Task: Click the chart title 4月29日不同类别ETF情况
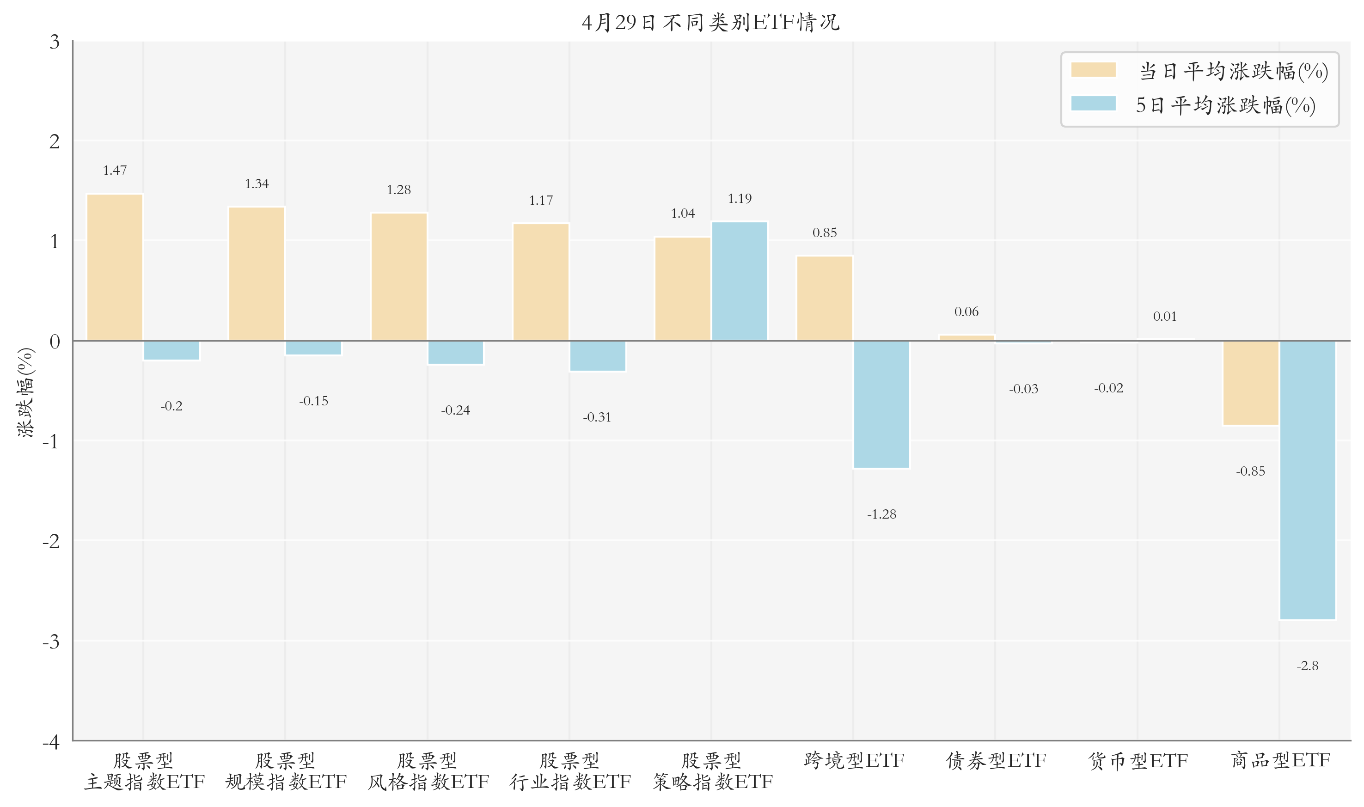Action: [710, 23]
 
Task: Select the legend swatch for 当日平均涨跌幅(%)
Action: [1093, 70]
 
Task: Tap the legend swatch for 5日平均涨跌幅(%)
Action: [1093, 104]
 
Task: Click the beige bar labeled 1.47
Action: [115, 268]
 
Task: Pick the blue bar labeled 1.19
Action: [740, 281]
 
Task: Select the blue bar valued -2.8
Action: [1307, 480]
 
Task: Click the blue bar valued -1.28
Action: [881, 404]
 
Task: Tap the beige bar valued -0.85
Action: [1250, 383]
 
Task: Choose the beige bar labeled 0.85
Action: [824, 299]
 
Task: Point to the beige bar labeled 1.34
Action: [257, 274]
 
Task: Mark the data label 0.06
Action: [966, 312]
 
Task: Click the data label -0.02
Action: [1108, 388]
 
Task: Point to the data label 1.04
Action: [683, 214]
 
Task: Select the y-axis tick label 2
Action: [55, 142]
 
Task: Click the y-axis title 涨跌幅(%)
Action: [26, 392]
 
